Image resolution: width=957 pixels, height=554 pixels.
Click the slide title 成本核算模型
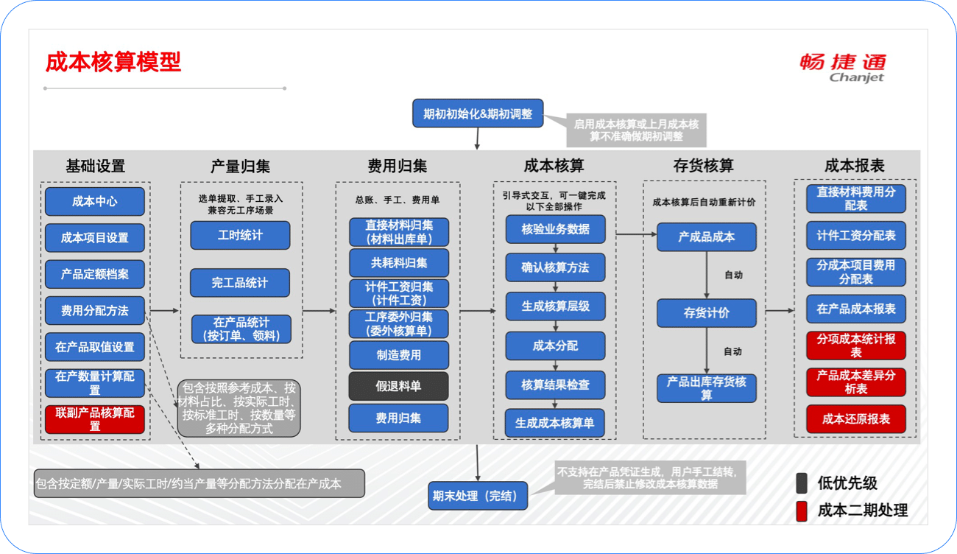[x=113, y=62]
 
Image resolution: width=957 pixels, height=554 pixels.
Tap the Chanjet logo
[x=843, y=67]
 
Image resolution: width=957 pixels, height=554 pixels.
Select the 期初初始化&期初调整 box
[x=478, y=113]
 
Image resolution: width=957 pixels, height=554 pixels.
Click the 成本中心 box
[x=94, y=201]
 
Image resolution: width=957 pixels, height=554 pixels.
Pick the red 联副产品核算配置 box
[x=94, y=419]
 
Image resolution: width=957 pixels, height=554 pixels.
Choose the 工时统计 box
[x=240, y=236]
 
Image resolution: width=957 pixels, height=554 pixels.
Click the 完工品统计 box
[x=240, y=283]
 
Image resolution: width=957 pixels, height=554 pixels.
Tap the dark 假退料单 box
[x=398, y=386]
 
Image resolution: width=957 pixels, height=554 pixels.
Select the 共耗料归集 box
[x=398, y=262]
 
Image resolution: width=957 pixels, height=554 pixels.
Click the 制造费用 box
[x=398, y=355]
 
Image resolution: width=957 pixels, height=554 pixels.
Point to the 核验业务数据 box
[x=555, y=229]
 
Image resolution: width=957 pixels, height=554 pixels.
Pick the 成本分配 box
[x=555, y=346]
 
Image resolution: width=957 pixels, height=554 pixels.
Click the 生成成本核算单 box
[x=555, y=423]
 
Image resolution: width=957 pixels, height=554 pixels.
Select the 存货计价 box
[x=706, y=313]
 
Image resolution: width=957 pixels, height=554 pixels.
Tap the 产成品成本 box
[x=706, y=236]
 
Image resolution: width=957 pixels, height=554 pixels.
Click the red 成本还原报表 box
[x=855, y=419]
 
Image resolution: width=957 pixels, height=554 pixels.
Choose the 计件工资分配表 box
[x=855, y=236]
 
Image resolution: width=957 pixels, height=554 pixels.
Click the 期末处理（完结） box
[x=479, y=496]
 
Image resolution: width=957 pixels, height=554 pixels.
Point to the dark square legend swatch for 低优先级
[x=802, y=483]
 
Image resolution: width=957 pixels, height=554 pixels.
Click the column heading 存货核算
[x=703, y=166]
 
